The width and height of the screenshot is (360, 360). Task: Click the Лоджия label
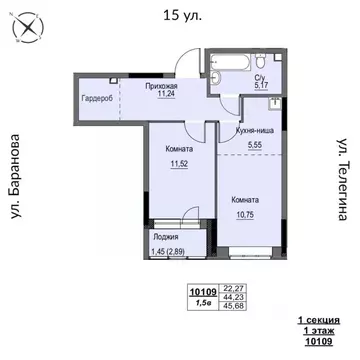165,238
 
